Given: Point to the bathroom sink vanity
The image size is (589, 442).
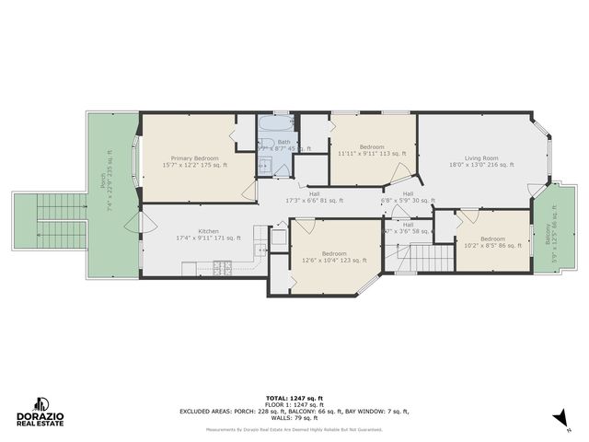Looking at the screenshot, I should (263, 166).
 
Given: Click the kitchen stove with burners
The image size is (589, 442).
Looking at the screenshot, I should (222, 268).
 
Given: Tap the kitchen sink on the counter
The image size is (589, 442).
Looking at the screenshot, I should (279, 238).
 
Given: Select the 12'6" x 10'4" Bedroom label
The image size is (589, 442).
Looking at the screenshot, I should (334, 258).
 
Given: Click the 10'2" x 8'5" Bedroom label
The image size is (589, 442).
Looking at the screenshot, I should (492, 243).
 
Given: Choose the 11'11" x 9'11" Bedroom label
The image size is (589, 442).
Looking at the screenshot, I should (372, 152).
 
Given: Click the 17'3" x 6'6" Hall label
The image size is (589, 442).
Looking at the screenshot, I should (314, 198).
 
